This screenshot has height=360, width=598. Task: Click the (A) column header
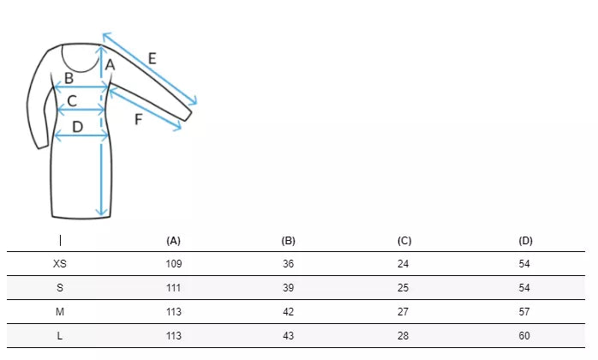[174, 241]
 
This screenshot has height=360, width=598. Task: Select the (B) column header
[289, 241]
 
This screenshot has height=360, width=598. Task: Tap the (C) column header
[404, 241]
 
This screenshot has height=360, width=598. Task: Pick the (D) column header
[525, 241]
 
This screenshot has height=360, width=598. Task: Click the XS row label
[60, 264]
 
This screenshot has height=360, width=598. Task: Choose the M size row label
[60, 312]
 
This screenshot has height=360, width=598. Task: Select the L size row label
[60, 336]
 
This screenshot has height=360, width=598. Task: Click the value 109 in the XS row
[174, 264]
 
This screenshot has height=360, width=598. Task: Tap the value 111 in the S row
[174, 288]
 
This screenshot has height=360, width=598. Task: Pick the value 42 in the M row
[289, 312]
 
